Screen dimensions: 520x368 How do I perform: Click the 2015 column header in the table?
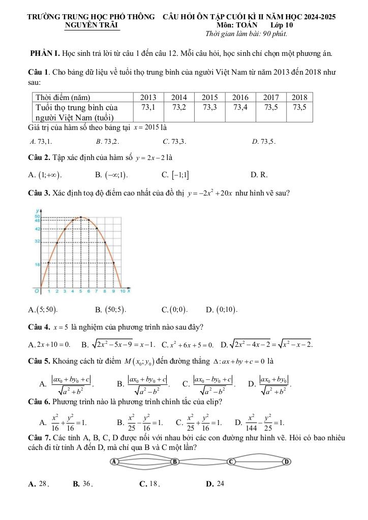(209, 97)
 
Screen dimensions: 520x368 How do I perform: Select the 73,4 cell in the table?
(240, 107)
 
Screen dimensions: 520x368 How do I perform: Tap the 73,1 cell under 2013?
(148, 107)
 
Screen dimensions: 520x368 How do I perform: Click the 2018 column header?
(299, 97)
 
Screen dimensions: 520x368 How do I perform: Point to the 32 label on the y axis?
(37, 242)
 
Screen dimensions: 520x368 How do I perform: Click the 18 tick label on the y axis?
(37, 265)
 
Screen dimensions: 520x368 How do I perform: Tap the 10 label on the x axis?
(122, 291)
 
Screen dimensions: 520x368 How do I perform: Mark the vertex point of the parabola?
(81, 217)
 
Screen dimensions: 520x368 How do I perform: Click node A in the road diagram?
(115, 461)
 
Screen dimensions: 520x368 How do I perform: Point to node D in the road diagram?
(287, 461)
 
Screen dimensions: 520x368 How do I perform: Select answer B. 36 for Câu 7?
(83, 483)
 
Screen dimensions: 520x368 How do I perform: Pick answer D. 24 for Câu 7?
(215, 483)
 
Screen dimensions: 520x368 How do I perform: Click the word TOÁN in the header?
(247, 24)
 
